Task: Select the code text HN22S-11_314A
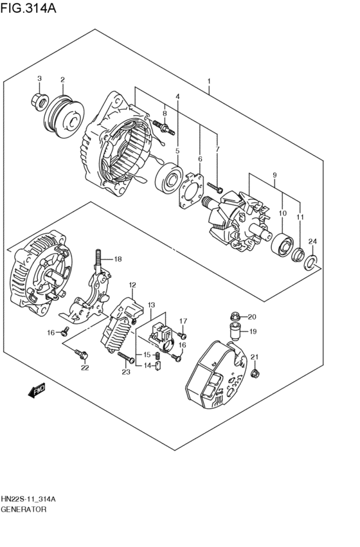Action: coord(32,499)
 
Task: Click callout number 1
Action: coord(209,82)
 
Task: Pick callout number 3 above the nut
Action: coord(39,79)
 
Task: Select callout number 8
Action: coord(165,113)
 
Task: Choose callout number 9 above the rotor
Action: coord(274,175)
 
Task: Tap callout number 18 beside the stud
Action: coord(118,259)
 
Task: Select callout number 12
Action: coord(132,284)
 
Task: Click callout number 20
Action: coord(252,316)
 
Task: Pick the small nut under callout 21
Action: coord(256,373)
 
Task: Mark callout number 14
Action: coord(147,366)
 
